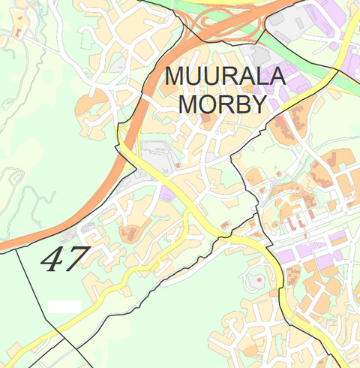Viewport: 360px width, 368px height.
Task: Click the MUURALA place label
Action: coord(226,77)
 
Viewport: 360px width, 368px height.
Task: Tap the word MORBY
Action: coord(223,104)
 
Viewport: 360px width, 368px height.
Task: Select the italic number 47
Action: coord(64,259)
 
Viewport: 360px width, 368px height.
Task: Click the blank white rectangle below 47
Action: coord(64,306)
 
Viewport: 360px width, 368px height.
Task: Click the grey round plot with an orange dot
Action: coord(256,282)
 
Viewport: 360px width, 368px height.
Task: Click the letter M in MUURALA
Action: coord(175,77)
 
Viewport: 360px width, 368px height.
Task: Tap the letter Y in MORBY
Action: coord(259,104)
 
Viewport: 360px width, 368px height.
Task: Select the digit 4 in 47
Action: coord(52,260)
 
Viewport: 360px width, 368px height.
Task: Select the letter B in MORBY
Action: coord(241,104)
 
